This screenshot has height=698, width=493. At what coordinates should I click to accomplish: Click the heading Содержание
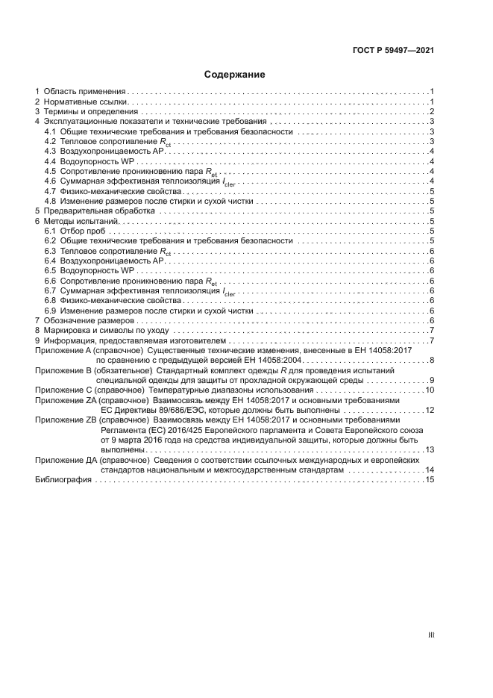234,75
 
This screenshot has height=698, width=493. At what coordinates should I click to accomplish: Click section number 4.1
50,131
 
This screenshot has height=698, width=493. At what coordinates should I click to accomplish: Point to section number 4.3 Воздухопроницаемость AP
50,152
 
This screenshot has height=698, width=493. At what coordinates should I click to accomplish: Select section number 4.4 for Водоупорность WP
50,161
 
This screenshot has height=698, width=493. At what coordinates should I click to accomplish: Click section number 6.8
50,300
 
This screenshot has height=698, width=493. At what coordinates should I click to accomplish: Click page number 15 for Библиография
430,480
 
